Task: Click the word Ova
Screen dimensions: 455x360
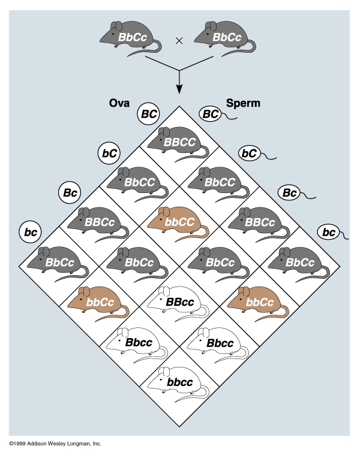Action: (119, 103)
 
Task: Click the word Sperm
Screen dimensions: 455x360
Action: (243, 103)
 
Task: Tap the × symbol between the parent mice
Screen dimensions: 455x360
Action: (178, 41)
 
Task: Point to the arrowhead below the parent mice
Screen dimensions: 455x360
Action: (178, 89)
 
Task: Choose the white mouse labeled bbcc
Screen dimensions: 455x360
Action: (179, 381)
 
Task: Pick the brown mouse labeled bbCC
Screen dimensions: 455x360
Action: (178, 222)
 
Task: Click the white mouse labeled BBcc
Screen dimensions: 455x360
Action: (178, 303)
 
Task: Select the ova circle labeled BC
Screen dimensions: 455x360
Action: (148, 113)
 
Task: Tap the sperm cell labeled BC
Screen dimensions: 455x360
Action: (210, 113)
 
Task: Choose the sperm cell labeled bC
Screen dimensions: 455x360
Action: (249, 153)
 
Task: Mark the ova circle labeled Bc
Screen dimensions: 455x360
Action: (70, 192)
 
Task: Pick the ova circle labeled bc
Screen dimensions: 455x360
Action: (30, 231)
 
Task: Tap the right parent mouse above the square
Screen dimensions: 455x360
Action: (226, 38)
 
